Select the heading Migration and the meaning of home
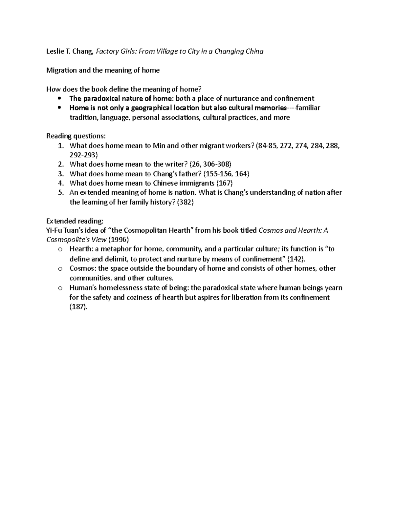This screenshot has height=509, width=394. click(103, 70)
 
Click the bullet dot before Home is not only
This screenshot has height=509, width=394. click(59, 108)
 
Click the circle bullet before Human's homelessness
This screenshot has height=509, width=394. click(60, 288)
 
